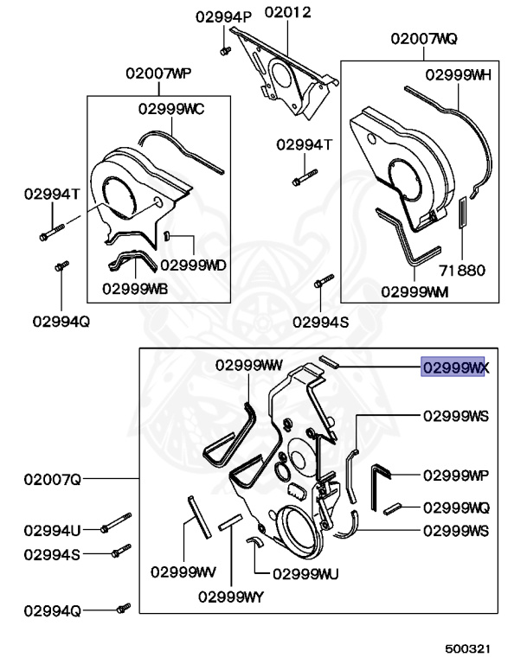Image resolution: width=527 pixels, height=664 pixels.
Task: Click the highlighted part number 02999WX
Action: click(x=454, y=367)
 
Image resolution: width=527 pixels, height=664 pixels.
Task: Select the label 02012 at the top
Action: click(x=288, y=13)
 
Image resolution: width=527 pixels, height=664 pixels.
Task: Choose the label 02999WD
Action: click(x=193, y=265)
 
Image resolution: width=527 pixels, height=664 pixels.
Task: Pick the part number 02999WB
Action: click(x=134, y=289)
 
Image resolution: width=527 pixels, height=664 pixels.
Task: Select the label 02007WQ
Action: click(x=424, y=40)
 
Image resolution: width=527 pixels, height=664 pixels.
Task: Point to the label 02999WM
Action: click(x=415, y=291)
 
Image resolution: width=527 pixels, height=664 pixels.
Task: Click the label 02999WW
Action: click(x=249, y=364)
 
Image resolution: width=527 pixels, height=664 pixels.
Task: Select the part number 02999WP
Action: click(x=456, y=476)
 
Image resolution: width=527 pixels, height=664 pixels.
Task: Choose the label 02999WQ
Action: click(x=456, y=508)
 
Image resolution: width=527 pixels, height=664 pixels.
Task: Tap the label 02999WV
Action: click(x=183, y=571)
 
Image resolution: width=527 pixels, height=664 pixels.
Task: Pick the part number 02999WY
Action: click(x=230, y=596)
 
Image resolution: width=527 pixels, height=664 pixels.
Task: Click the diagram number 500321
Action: click(x=471, y=646)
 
